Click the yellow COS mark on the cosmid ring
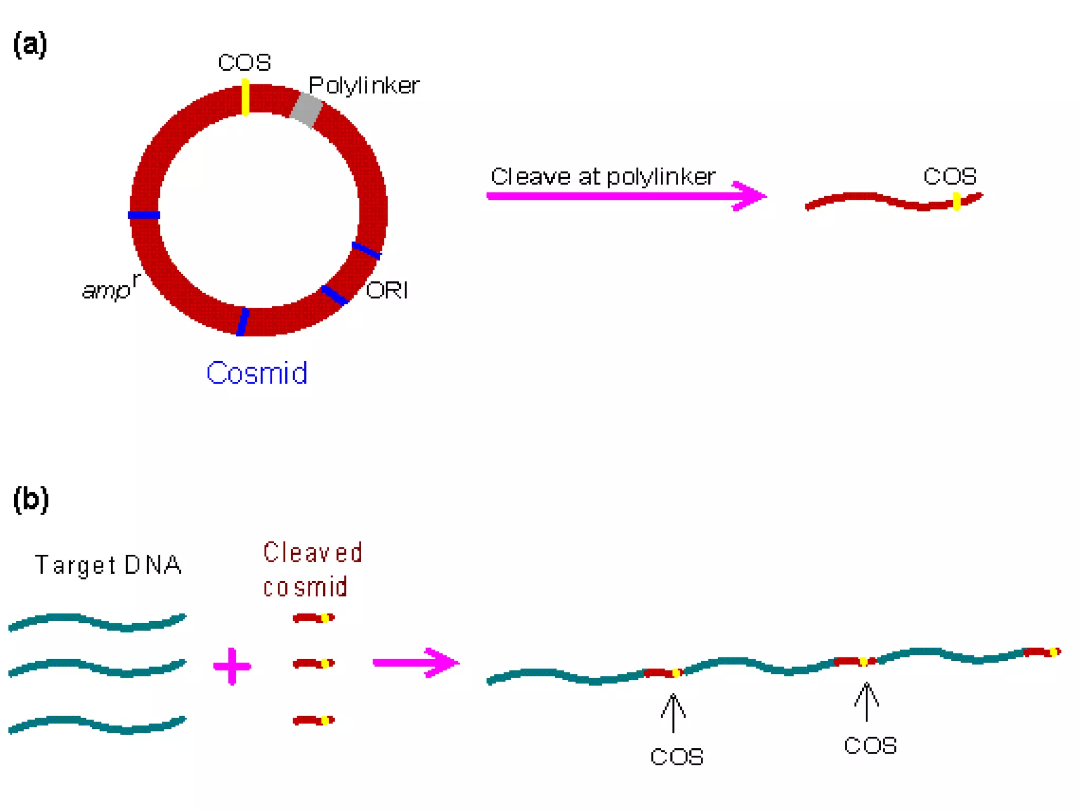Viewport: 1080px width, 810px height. (x=245, y=97)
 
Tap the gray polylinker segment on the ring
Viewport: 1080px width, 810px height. (x=306, y=110)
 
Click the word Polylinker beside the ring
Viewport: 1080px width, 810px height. (x=364, y=85)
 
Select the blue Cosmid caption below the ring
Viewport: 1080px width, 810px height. (x=257, y=373)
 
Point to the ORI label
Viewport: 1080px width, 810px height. (x=387, y=290)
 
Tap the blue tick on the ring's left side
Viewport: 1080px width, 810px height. (x=144, y=215)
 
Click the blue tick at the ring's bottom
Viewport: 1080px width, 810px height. (x=243, y=322)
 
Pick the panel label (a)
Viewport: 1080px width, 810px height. (x=30, y=44)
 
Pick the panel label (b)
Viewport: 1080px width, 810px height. (x=31, y=499)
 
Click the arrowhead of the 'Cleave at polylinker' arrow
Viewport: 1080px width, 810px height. (x=751, y=196)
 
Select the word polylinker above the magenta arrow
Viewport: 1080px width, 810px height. (x=661, y=177)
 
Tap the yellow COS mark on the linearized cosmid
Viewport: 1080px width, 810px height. (x=957, y=201)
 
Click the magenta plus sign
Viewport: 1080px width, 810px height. (x=232, y=666)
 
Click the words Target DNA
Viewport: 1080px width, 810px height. (x=108, y=565)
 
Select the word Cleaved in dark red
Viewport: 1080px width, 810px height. (x=313, y=553)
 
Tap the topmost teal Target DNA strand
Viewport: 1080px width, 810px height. (x=98, y=621)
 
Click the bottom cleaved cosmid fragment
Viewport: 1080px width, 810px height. (x=313, y=720)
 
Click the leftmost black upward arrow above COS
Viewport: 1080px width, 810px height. (x=673, y=712)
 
